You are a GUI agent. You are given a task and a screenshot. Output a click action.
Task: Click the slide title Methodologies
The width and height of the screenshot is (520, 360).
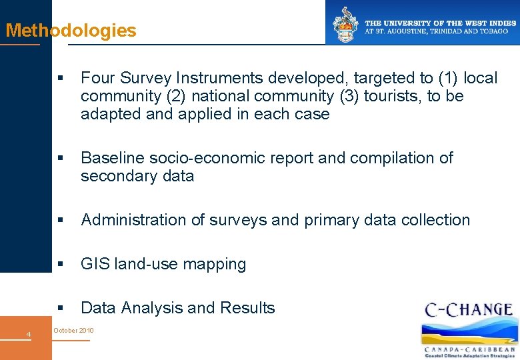pos(71,31)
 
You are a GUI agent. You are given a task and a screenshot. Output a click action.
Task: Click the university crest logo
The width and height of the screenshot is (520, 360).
pos(345,25)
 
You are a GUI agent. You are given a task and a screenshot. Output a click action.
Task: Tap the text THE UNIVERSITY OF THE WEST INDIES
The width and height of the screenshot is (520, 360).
pos(440,23)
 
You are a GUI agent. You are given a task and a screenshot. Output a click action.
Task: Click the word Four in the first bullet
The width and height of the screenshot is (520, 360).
pos(97,78)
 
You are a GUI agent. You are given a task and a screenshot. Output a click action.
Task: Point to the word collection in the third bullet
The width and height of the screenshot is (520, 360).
pos(436,220)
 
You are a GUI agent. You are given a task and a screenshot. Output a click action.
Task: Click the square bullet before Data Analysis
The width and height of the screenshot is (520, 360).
pos(60,309)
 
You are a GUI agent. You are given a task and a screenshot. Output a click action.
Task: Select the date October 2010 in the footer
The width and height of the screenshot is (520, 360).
pos(73,331)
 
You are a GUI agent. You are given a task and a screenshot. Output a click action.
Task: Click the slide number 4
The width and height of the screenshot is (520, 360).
pos(28,334)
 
